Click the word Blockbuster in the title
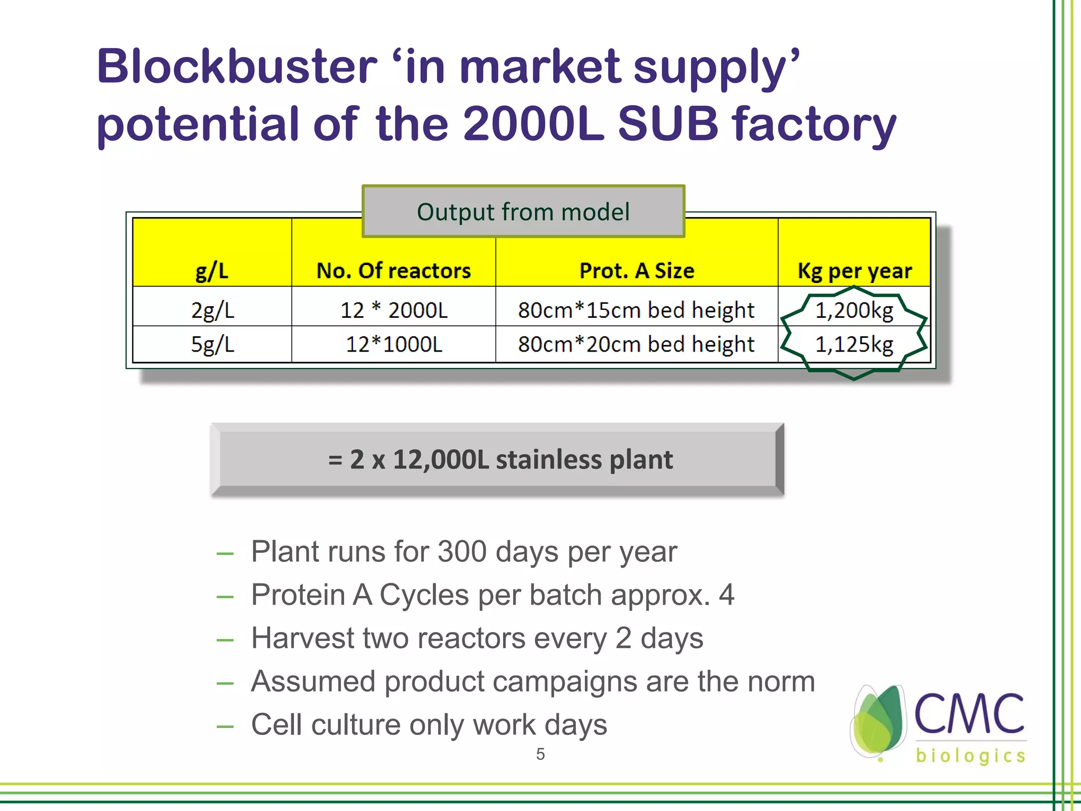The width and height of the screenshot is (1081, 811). tap(236, 67)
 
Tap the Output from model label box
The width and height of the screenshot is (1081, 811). tap(523, 212)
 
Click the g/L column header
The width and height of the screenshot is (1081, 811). tap(212, 271)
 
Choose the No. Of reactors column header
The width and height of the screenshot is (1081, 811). tap(393, 271)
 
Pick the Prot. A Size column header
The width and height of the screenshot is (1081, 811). tap(637, 271)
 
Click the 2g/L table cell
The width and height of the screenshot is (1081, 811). tap(212, 310)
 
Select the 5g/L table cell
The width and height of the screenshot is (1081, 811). tap(212, 344)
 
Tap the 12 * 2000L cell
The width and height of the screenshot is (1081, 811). tap(394, 310)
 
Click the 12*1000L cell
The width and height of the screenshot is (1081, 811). tap(394, 344)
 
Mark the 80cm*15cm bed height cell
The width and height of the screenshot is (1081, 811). tap(636, 310)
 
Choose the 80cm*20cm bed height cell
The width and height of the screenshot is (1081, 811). tap(636, 344)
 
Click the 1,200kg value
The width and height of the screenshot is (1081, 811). tap(854, 310)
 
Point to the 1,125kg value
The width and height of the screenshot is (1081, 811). tap(854, 344)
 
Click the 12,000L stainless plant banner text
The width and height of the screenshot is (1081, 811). tap(500, 459)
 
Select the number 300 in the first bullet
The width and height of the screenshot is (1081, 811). tap(462, 552)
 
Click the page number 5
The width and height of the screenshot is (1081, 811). tap(540, 754)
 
